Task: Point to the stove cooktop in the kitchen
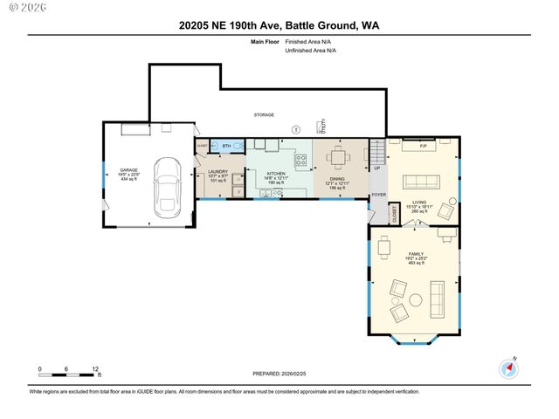[301, 160]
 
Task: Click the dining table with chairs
[340, 159]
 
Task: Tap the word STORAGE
[264, 114]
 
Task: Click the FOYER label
[378, 195]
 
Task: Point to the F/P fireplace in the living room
[424, 143]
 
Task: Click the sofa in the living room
[421, 182]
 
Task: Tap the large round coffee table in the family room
[415, 300]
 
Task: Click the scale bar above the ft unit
[68, 374]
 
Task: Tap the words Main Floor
[264, 41]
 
